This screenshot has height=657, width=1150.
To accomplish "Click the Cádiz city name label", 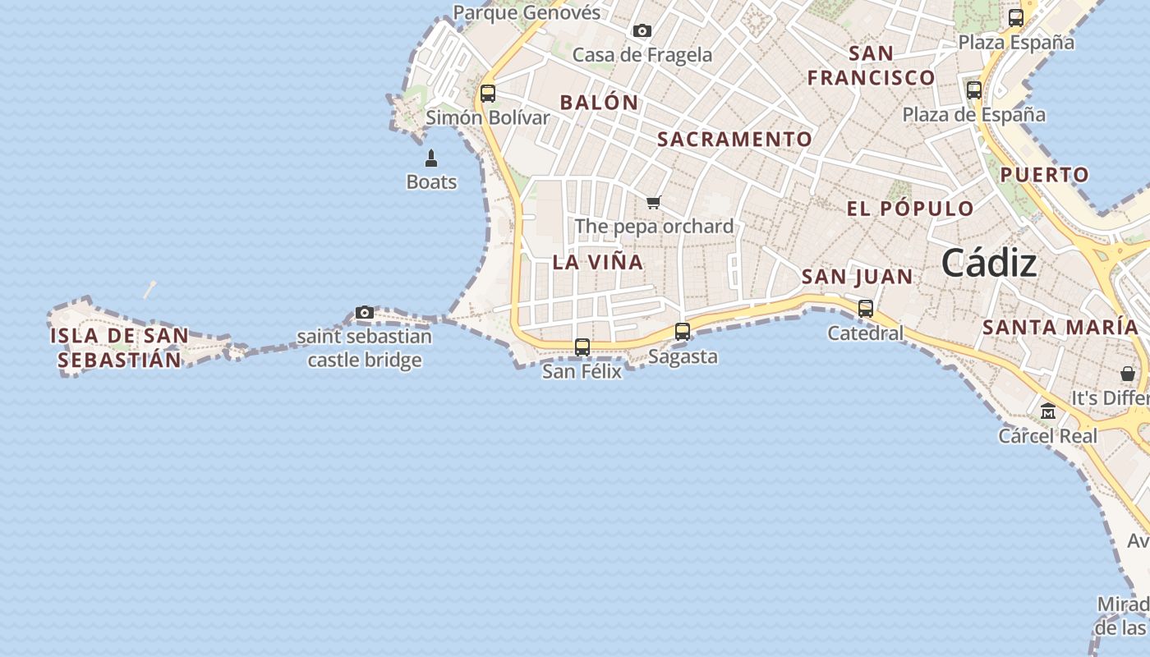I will click(989, 264).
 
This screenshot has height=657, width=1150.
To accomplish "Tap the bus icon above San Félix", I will click(582, 347).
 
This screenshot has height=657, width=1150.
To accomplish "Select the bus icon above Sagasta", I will click(683, 332).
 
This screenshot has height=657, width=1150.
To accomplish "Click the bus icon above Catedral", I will click(866, 309).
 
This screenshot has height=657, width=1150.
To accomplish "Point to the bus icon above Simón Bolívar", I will click(488, 94).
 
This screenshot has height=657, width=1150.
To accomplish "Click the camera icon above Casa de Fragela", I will click(642, 31).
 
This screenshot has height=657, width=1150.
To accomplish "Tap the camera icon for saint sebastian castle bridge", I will click(365, 312).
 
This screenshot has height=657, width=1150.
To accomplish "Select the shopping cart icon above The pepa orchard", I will click(654, 202).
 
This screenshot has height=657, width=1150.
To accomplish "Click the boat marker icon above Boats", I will click(431, 158).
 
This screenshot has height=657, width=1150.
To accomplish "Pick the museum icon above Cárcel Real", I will click(1048, 411).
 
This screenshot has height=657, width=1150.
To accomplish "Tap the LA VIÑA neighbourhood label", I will click(598, 262).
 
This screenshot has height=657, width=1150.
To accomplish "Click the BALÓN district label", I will click(599, 103).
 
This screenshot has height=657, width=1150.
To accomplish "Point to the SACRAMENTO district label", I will click(735, 140).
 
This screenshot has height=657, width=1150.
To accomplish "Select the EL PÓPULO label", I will click(910, 209).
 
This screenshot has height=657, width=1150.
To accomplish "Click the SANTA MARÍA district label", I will click(1060, 327).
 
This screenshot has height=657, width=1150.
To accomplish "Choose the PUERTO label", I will click(1045, 174).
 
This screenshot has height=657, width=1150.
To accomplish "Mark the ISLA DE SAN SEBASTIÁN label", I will click(119, 347).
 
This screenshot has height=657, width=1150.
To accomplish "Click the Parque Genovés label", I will click(527, 12).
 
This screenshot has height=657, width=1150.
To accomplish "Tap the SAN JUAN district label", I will click(857, 277).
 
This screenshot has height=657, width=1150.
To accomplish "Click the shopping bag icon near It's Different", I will click(1128, 374).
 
